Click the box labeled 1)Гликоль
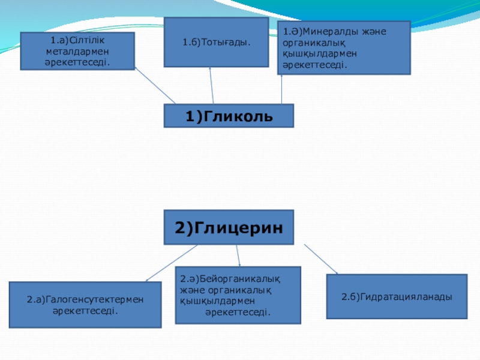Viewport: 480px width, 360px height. coord(229,116)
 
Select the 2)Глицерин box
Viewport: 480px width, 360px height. coord(229,227)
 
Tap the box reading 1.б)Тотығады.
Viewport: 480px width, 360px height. coord(216,42)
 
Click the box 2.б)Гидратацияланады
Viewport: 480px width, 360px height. coord(397,296)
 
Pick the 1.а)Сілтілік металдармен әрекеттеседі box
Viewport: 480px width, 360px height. coord(77,51)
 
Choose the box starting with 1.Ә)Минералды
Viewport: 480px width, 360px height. coord(344,48)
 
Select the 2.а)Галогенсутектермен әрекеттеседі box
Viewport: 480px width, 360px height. coord(85,305)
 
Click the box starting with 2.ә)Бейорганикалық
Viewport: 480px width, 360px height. coord(238,295)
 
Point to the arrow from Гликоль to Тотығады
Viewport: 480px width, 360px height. coord(211,85)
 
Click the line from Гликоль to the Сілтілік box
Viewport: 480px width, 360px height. coord(154,86)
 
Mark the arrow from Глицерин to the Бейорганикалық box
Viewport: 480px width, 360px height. coord(237,256)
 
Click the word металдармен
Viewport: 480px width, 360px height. coord(73,51)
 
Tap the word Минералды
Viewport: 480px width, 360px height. coord(327,31)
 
